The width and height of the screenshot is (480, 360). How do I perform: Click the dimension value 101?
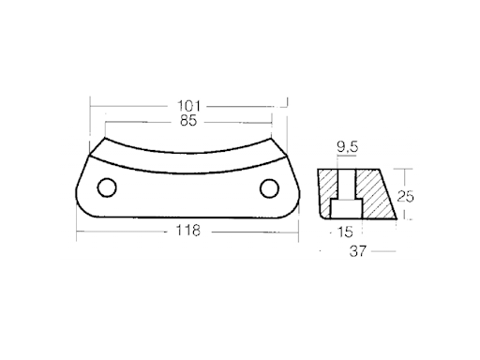pos(188,106)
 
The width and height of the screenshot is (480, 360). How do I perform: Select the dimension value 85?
pos(188,121)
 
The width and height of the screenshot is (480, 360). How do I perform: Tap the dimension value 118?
pos(187,231)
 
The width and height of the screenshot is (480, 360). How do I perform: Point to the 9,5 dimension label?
pos(347,146)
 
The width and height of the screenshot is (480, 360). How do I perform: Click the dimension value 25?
pos(405,196)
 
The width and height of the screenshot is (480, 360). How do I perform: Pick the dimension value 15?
pos(345,232)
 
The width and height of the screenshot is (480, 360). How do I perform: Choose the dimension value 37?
pos(357,251)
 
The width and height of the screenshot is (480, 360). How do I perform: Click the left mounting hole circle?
pos(107,187)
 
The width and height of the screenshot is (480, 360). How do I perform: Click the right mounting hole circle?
pos(269,188)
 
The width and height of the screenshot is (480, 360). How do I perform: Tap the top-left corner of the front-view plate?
pos(105,138)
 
